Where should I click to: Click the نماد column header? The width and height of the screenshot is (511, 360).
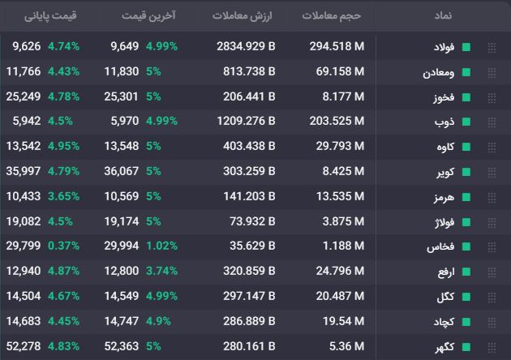[443, 15]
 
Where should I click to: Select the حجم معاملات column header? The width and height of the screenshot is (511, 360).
[332, 15]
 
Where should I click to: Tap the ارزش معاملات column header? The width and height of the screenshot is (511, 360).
[243, 15]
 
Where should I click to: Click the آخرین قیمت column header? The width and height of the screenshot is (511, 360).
[148, 15]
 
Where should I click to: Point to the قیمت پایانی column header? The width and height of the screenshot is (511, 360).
[50, 16]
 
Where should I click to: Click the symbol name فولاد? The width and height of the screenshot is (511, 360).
[444, 47]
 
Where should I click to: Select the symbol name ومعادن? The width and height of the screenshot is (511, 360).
[438, 72]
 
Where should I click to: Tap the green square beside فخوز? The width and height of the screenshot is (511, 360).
[466, 97]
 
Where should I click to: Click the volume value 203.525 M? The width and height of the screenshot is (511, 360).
[337, 121]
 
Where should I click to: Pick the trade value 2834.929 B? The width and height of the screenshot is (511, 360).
[246, 46]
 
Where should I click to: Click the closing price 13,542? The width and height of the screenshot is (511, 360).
[24, 146]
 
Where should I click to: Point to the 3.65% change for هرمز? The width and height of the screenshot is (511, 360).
[63, 196]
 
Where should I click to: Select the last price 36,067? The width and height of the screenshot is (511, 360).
[122, 171]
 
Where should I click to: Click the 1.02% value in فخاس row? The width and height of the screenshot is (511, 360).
[161, 246]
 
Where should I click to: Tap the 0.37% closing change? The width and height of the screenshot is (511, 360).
[63, 246]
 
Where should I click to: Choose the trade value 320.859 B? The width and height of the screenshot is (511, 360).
[249, 271]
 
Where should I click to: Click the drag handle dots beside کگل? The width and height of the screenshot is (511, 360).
[492, 298]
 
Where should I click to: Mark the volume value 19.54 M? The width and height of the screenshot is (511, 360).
[343, 321]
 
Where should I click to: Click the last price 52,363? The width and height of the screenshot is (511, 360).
[122, 346]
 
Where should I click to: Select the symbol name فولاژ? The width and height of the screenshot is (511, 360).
[444, 222]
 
